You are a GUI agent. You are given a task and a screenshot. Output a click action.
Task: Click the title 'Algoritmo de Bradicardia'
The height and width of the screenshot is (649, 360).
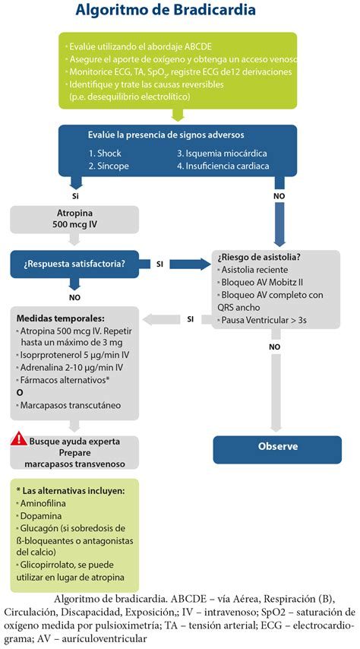(166, 11)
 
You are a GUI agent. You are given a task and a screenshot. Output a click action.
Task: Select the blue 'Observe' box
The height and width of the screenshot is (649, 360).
(277, 449)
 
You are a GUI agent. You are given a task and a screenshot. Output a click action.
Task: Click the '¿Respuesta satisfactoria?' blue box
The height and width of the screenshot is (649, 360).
(74, 264)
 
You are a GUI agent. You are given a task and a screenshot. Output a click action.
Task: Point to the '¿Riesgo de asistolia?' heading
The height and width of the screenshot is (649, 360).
(259, 258)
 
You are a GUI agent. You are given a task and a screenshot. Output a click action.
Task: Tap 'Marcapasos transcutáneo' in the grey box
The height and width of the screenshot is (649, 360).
(71, 405)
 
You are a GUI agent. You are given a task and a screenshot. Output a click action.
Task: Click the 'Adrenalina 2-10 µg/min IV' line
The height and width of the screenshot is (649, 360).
(71, 367)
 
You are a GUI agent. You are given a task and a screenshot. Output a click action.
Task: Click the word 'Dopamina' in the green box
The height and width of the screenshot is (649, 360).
(40, 516)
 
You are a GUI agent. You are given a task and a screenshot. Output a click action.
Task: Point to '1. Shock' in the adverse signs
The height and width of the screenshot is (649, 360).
(105, 154)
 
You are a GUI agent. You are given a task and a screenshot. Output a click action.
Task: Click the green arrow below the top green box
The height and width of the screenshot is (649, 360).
(178, 115)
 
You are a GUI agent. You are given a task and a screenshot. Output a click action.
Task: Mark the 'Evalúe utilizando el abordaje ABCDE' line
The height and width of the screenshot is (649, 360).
(140, 46)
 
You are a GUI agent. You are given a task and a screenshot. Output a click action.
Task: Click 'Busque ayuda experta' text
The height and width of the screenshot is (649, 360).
(75, 442)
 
